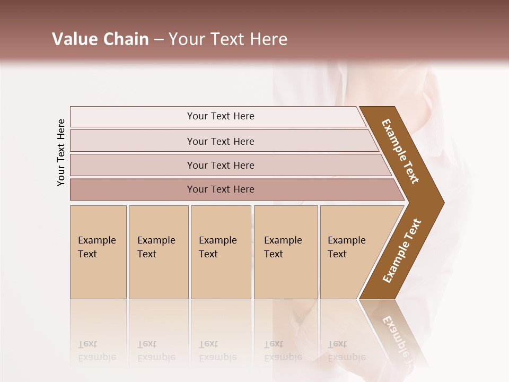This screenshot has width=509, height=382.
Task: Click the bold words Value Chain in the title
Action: (100, 39)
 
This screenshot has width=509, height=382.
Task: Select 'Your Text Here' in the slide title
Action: (228, 39)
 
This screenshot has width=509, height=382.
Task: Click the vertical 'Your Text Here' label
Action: (61, 153)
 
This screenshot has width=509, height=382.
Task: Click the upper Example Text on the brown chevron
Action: (400, 151)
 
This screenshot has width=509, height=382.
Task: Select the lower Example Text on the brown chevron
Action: (402, 250)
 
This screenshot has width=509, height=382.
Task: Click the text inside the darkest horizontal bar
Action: (221, 189)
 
